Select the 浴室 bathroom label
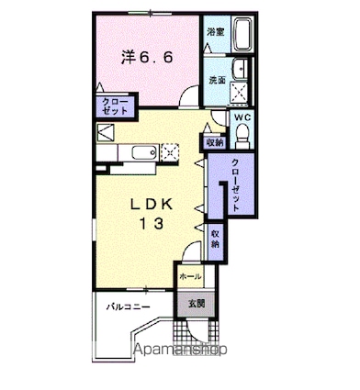coord(217,33)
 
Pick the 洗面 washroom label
coord(217,79)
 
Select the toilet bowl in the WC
coord(242,137)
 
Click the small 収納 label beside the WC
coord(215,141)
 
